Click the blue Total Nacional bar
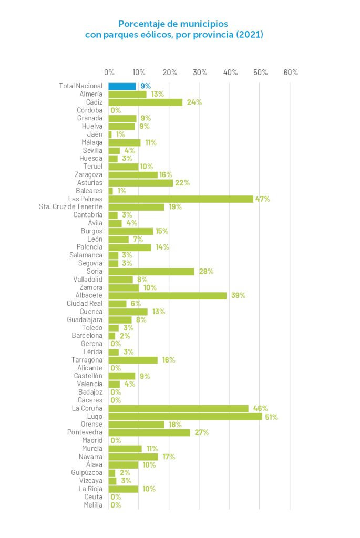click(x=122, y=86)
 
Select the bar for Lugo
click(x=185, y=417)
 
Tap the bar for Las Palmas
click(x=181, y=199)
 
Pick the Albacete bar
click(x=167, y=296)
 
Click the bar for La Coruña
click(x=178, y=408)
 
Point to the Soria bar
click(x=151, y=272)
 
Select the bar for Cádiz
click(x=145, y=102)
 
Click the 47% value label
click(x=262, y=199)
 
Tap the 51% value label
click(x=271, y=417)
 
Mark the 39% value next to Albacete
click(x=238, y=296)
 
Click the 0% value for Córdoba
click(x=116, y=110)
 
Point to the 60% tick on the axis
click(x=291, y=73)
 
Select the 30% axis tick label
click(x=200, y=73)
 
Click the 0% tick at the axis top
click(x=109, y=73)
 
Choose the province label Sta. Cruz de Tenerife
click(x=70, y=207)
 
